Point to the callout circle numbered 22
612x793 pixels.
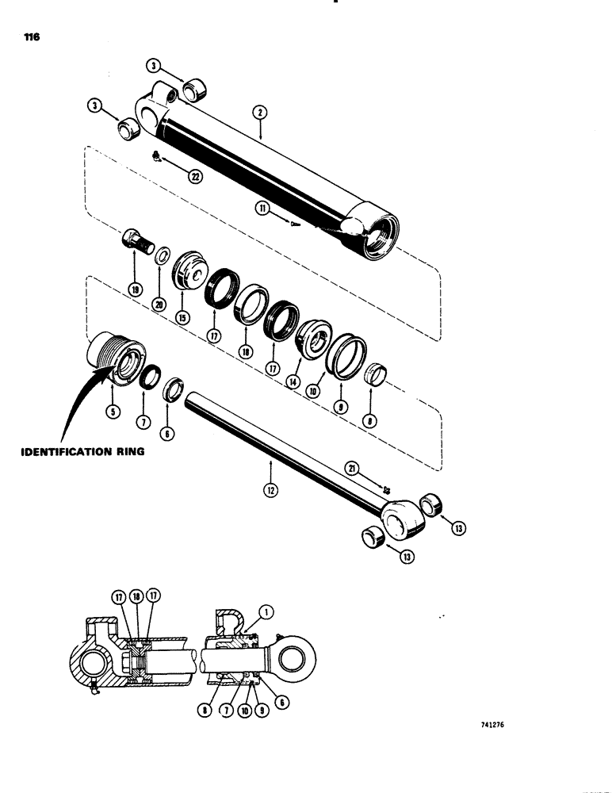coord(195,177)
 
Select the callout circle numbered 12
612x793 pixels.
coord(271,489)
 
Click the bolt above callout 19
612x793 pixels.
coord(136,240)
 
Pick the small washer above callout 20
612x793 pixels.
coord(162,255)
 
